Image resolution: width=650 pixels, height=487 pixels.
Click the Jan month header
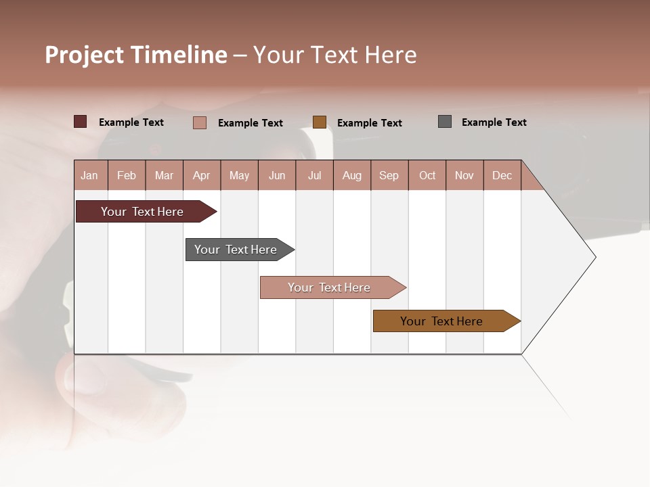point(90,175)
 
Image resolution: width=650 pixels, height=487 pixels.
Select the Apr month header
point(202,175)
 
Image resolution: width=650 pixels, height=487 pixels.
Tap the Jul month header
point(314,175)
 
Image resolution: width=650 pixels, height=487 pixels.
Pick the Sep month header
point(389,175)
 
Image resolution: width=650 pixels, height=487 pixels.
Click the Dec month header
point(502,175)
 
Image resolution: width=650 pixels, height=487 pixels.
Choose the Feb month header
point(127,175)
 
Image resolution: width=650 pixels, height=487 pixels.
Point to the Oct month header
point(427,175)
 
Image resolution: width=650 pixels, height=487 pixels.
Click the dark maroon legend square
point(81,122)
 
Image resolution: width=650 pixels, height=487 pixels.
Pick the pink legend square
point(200,122)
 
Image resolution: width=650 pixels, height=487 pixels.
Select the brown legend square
point(320,122)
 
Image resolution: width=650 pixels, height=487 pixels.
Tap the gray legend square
point(445,122)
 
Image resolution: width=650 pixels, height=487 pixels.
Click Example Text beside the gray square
point(494,122)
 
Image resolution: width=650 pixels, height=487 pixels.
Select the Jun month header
point(277,175)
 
